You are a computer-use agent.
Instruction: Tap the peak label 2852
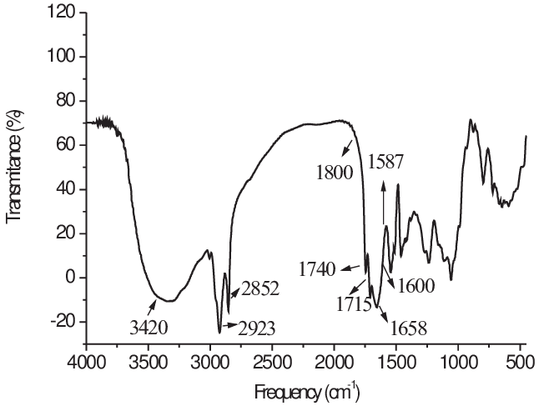(260, 289)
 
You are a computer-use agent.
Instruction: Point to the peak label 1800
(335, 174)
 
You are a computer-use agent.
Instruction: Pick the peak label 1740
(318, 268)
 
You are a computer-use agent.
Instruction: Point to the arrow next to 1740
(351, 268)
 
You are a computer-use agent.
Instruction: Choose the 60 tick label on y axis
(68, 145)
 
